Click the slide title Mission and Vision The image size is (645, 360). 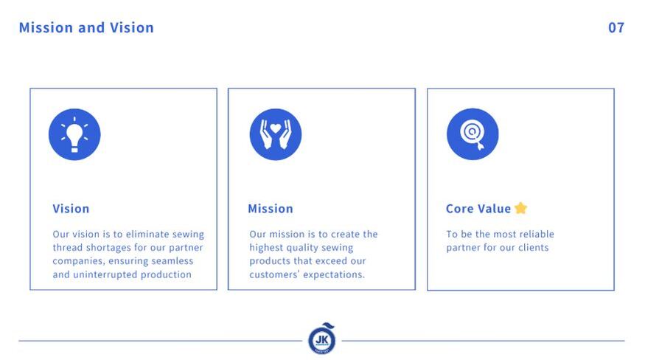(86, 27)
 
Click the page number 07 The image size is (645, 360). (616, 27)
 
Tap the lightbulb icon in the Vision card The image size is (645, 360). (74, 134)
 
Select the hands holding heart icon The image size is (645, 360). (276, 134)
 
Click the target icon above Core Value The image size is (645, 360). (473, 134)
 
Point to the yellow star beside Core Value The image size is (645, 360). (520, 208)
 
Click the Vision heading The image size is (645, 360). (71, 209)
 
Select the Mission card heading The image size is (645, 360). (271, 209)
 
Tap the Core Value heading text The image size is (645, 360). (478, 209)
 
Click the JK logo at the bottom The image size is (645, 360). (321, 339)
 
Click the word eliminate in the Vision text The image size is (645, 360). (147, 234)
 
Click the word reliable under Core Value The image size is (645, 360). (537, 234)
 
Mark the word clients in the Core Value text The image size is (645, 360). (534, 248)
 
